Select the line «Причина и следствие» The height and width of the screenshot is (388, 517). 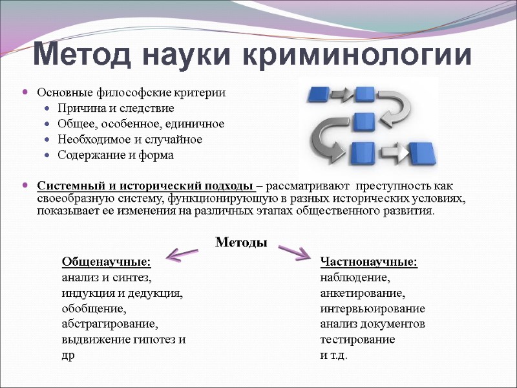coord(116,108)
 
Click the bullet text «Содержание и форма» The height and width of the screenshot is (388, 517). coord(116,155)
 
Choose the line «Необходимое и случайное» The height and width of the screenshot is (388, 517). coord(129,139)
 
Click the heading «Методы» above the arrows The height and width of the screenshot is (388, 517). coord(240,242)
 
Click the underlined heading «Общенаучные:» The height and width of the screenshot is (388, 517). coord(106,262)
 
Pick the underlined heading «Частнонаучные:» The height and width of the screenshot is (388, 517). coord(369,262)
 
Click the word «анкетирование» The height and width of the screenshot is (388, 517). coord(363,294)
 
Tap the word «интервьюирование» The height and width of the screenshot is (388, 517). coord(372,308)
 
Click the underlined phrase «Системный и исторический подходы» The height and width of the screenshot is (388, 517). coord(146,187)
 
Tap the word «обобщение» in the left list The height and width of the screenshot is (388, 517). coord(92,308)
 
